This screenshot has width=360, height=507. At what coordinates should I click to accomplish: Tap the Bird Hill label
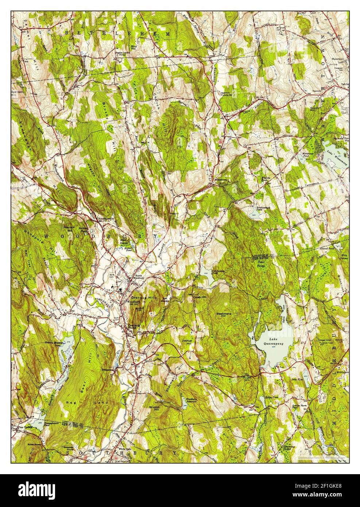click(x=135, y=47)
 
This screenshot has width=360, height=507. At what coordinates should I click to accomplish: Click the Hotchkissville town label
click(x=107, y=218)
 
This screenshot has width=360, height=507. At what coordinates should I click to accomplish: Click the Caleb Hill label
click(x=199, y=298)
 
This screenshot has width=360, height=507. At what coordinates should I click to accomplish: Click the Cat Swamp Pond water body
click(x=206, y=277)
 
